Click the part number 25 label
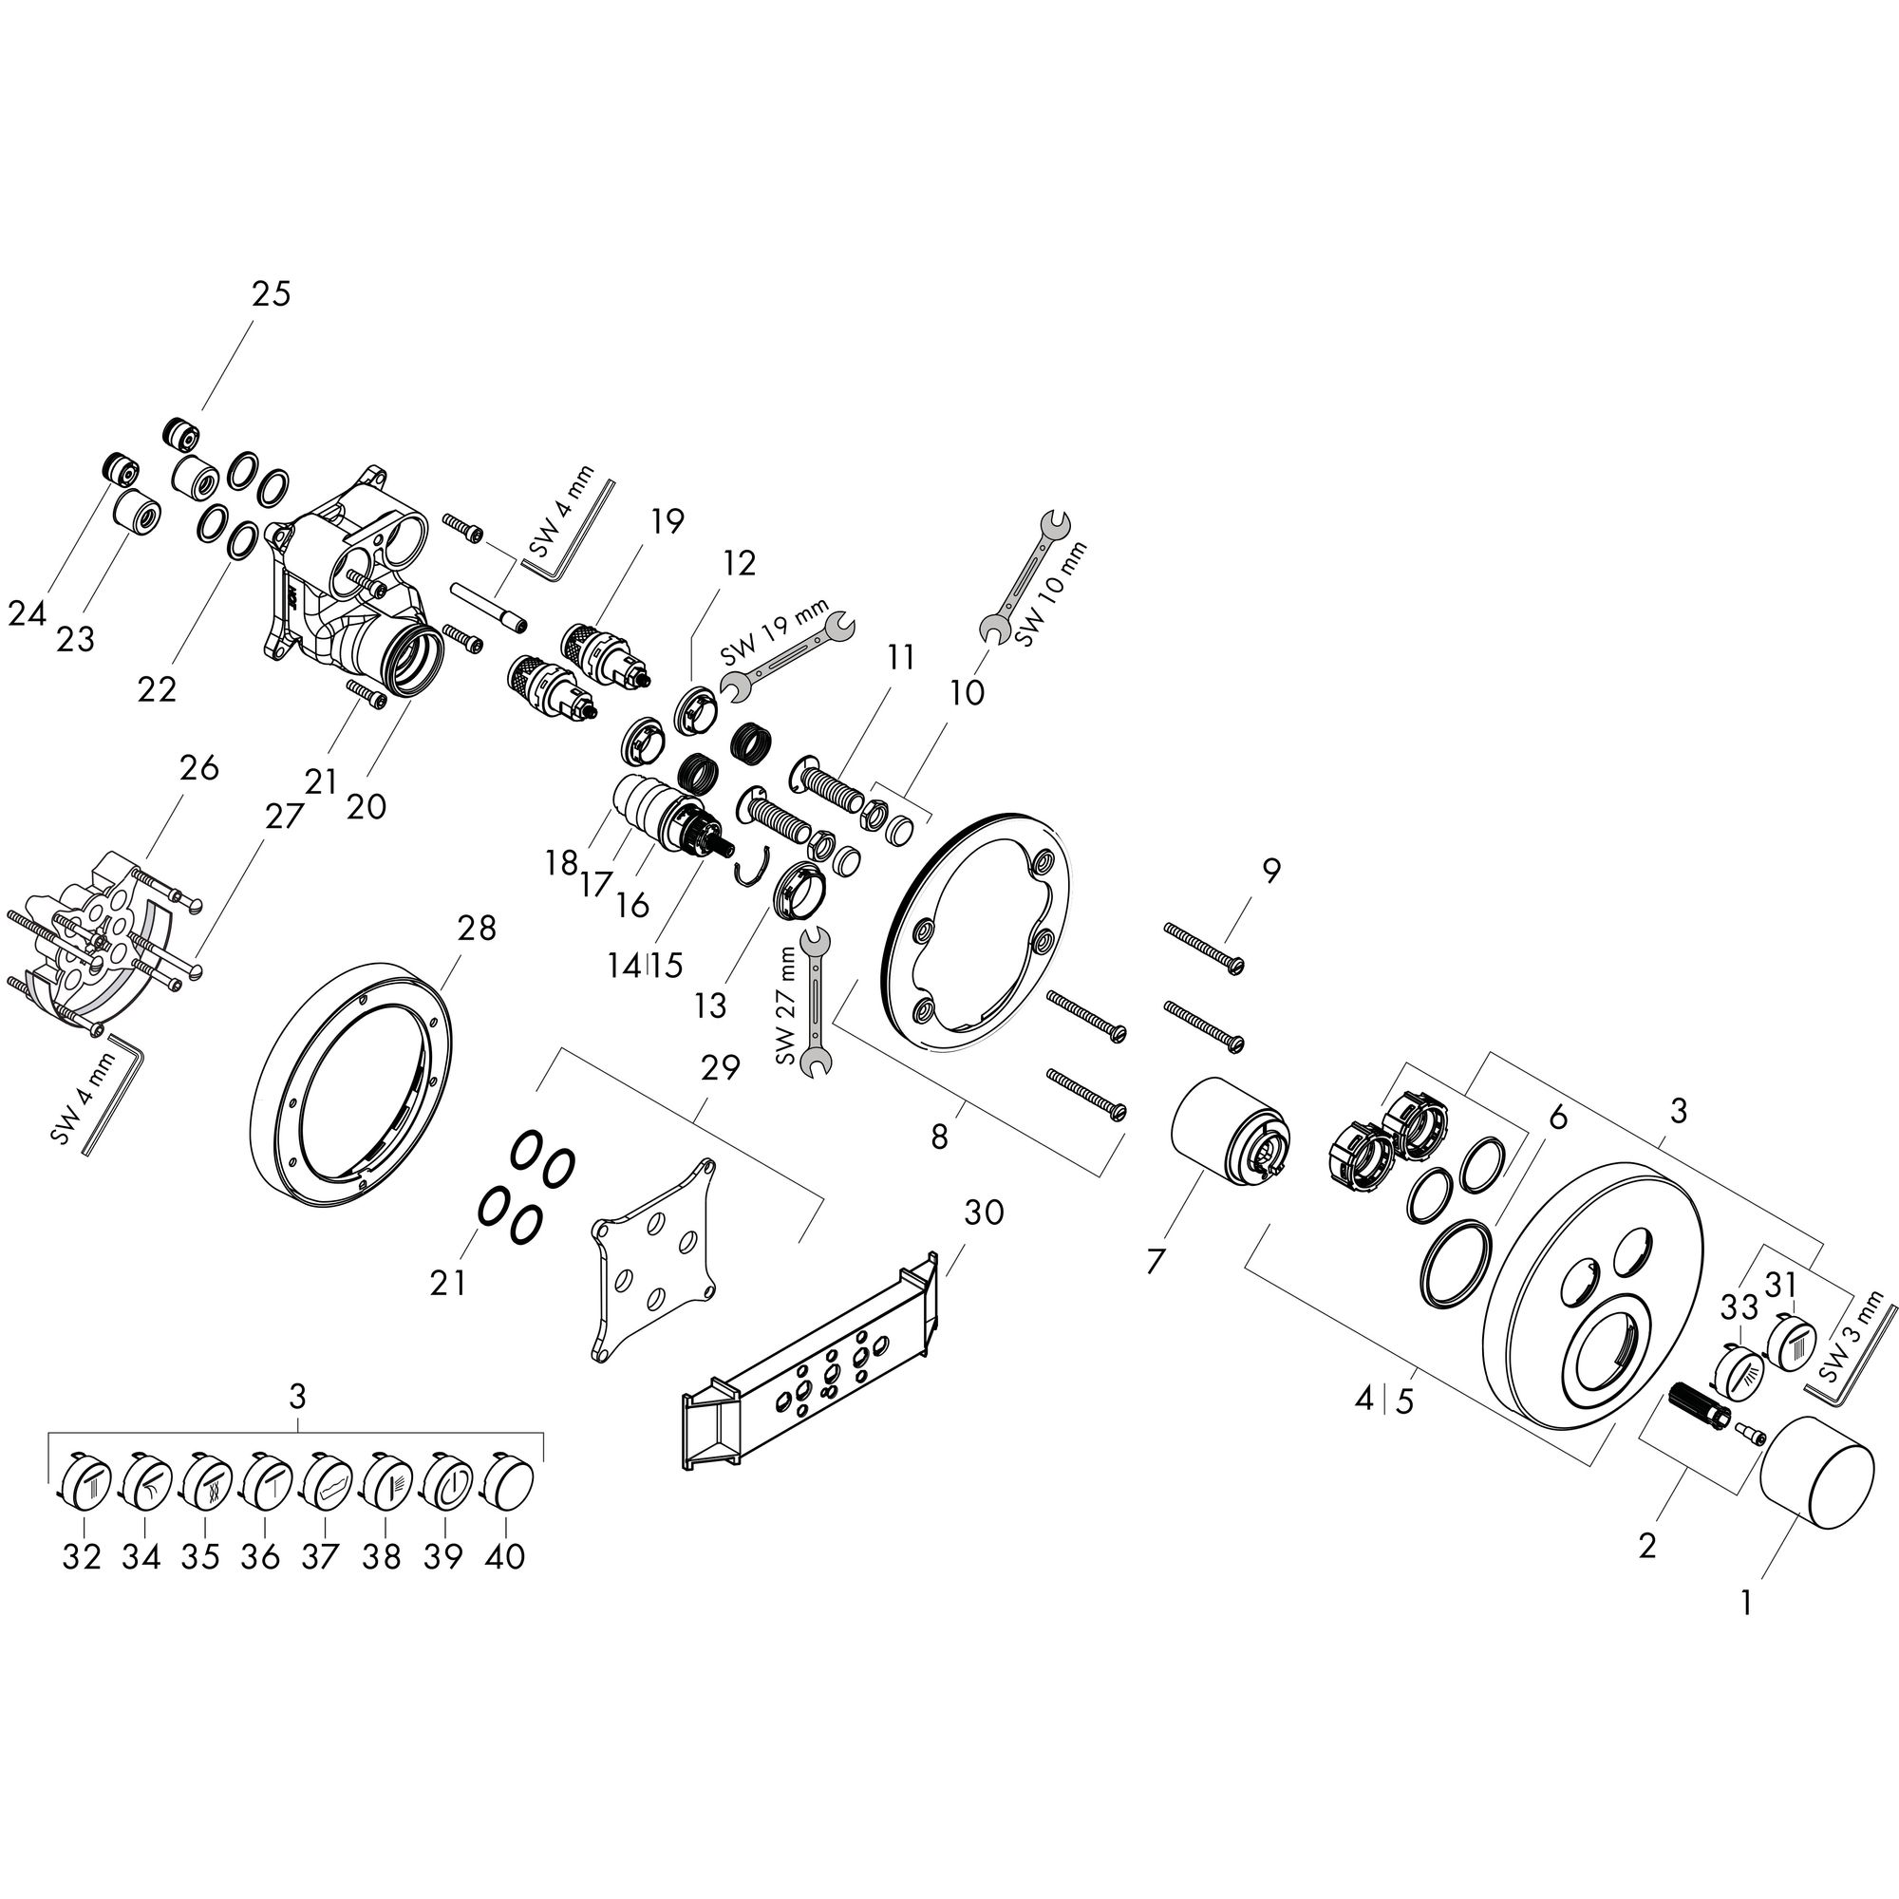click(x=272, y=294)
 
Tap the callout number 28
click(x=477, y=927)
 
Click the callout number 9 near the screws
click(x=1271, y=870)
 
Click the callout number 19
click(x=667, y=521)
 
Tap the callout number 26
click(x=199, y=767)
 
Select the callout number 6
click(x=1557, y=1118)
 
